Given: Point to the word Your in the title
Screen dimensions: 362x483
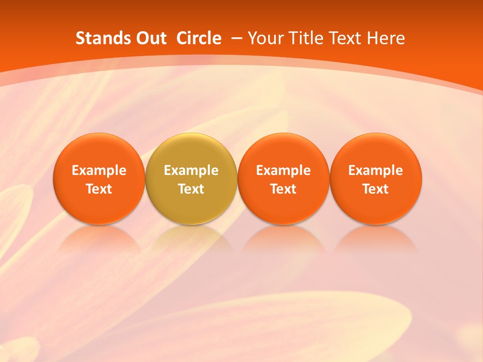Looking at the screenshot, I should point(265,38).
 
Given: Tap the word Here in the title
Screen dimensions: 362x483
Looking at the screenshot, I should point(386,38).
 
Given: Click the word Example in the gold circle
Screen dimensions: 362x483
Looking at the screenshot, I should point(191,170).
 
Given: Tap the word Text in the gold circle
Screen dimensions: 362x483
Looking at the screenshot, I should point(191,189).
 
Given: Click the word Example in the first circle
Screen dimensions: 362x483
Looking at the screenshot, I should point(99,170).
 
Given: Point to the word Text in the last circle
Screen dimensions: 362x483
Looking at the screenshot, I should point(375,189).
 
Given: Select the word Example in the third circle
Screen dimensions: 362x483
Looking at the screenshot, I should point(283,170).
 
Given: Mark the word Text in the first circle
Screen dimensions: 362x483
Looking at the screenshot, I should point(99,189).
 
